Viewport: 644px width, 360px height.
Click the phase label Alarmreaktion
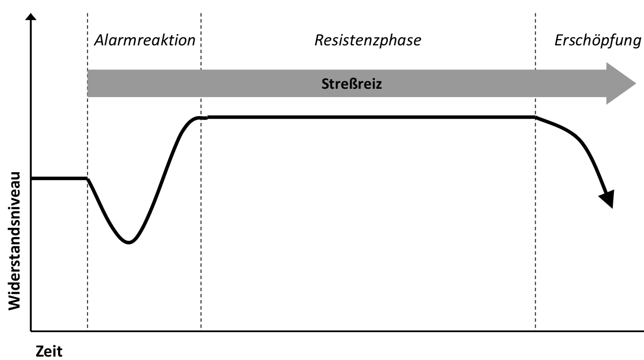coord(144,40)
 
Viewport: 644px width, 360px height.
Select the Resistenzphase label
coord(367,40)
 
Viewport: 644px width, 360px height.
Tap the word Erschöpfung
coord(597,40)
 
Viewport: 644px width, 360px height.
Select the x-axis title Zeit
coord(49,351)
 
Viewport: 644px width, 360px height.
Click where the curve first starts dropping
coord(88,179)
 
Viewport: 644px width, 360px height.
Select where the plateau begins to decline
coord(536,118)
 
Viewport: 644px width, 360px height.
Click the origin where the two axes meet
coord(31,331)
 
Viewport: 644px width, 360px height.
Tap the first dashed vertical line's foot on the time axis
coord(88,331)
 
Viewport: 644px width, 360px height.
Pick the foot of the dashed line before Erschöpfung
coord(536,331)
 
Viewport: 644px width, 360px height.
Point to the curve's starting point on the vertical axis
coord(32,179)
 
